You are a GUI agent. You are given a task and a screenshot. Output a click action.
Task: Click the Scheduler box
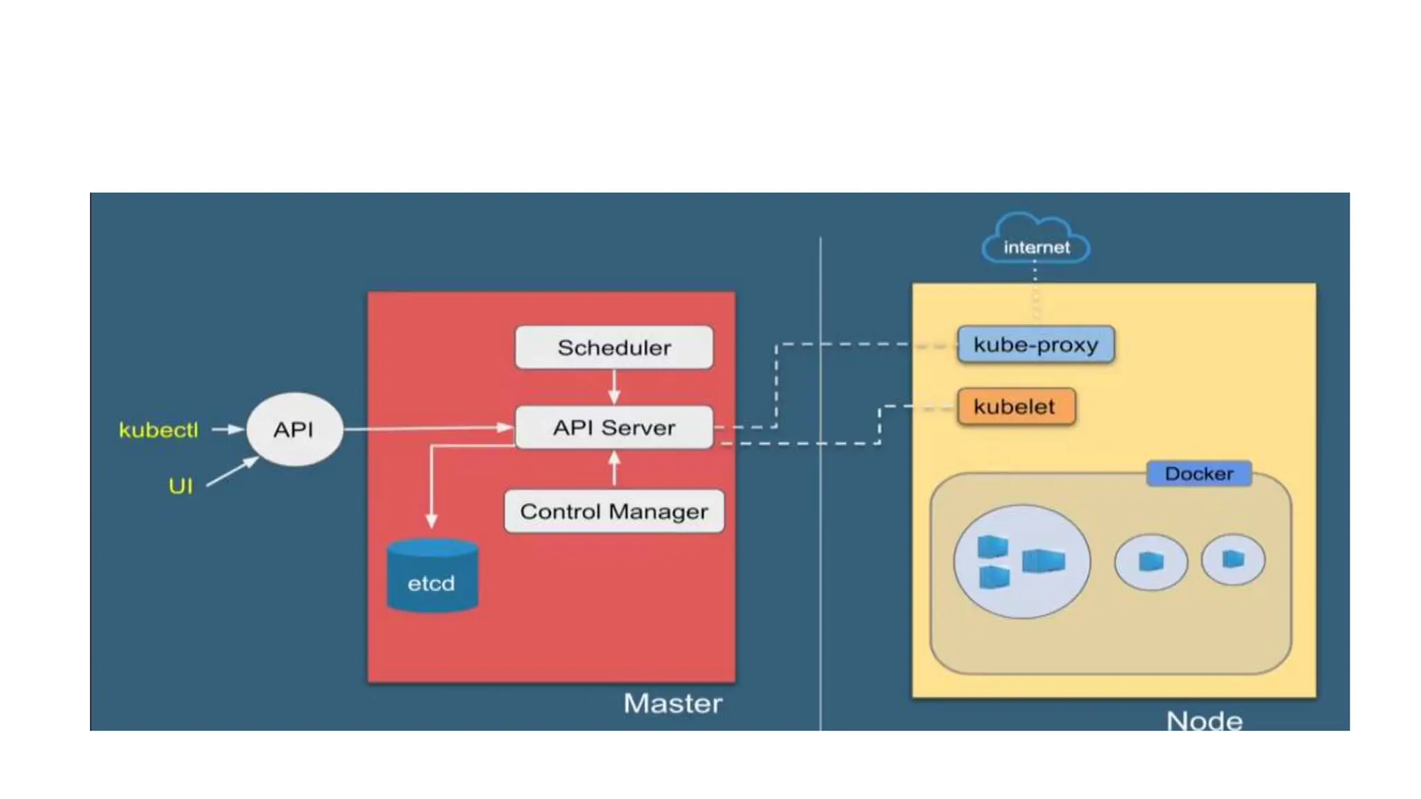tap(613, 347)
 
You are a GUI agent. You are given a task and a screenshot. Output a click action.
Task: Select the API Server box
tap(613, 427)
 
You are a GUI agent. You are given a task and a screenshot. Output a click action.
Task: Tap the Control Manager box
tap(613, 511)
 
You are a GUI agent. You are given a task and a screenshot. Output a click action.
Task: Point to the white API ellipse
tap(294, 429)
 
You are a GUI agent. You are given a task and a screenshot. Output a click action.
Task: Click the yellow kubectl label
tap(158, 430)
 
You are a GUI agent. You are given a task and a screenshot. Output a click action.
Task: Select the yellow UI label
tap(180, 486)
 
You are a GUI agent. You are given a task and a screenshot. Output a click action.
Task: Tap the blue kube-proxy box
tap(1035, 344)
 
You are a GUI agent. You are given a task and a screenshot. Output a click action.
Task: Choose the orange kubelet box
tap(1015, 406)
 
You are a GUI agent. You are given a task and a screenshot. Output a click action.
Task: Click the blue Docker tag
tap(1198, 474)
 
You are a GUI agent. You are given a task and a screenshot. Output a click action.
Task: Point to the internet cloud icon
tap(1036, 239)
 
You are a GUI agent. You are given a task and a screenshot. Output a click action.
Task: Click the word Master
tap(672, 703)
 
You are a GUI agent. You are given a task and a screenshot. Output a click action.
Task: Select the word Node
tap(1204, 720)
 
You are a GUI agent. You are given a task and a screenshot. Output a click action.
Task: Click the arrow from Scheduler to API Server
tap(614, 387)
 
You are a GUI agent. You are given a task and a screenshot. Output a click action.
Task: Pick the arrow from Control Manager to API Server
tap(614, 469)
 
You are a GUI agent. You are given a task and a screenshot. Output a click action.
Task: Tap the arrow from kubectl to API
tap(227, 429)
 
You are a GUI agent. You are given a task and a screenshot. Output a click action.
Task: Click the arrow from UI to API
tap(232, 472)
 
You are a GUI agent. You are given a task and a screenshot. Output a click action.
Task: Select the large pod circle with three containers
tap(1021, 561)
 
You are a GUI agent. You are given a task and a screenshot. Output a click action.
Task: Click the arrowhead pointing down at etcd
tap(432, 521)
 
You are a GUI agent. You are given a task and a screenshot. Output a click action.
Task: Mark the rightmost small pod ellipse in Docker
tap(1232, 559)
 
